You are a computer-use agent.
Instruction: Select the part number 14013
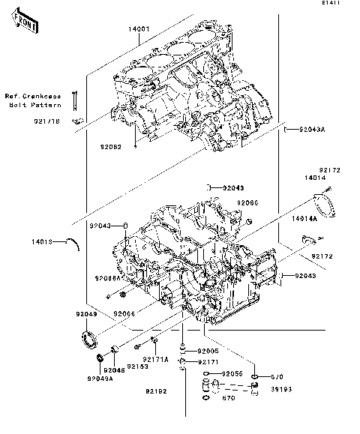tap(43, 241)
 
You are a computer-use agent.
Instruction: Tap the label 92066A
tap(107, 278)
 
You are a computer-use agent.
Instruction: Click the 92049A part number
tap(99, 379)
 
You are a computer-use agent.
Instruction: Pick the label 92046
tap(115, 370)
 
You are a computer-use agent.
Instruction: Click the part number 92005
tap(208, 350)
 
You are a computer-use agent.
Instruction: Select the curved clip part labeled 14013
tap(72, 242)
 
